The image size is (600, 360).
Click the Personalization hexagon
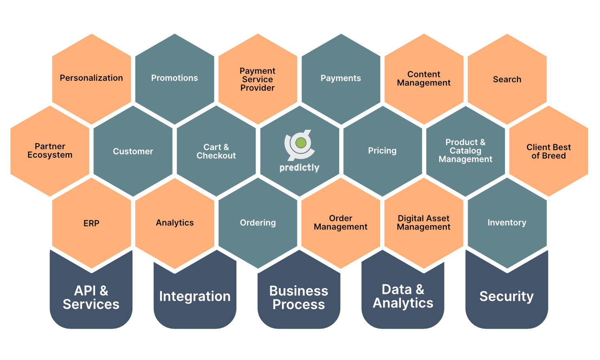pyautogui.click(x=91, y=79)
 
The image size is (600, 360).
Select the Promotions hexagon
pyautogui.click(x=175, y=79)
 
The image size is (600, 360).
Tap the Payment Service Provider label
pyautogui.click(x=258, y=79)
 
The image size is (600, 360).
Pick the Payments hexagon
pyautogui.click(x=341, y=79)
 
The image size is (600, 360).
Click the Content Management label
pyautogui.click(x=424, y=78)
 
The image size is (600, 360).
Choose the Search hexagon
pyautogui.click(x=507, y=79)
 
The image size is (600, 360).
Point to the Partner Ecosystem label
pyautogui.click(x=50, y=150)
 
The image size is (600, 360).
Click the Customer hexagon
pyautogui.click(x=133, y=151)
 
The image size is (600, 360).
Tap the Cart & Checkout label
pyautogui.click(x=216, y=151)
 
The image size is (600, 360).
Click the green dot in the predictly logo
pyautogui.click(x=301, y=143)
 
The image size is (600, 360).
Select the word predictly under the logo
pyautogui.click(x=299, y=168)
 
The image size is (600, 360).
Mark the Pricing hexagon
pyautogui.click(x=383, y=151)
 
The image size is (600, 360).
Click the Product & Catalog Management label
pyautogui.click(x=466, y=151)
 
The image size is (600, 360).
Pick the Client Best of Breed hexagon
pyautogui.click(x=548, y=151)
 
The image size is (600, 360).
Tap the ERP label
pyautogui.click(x=91, y=223)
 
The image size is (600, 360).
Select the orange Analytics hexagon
pyautogui.click(x=175, y=223)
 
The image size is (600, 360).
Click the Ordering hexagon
pyautogui.click(x=258, y=223)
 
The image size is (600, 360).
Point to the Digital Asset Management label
pyautogui.click(x=423, y=223)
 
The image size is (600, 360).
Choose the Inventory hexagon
pyautogui.click(x=507, y=223)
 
